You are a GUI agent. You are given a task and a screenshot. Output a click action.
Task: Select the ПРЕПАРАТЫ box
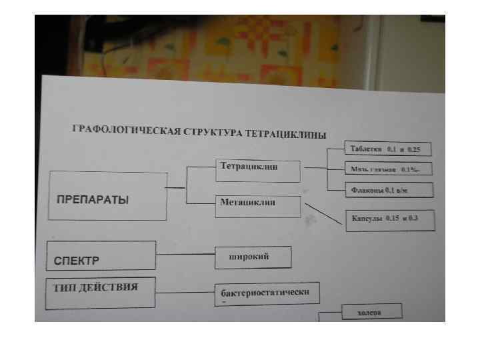click(107, 196)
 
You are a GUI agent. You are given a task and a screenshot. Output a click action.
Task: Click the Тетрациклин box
click(258, 169)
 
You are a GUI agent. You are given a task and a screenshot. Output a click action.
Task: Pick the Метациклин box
click(258, 205)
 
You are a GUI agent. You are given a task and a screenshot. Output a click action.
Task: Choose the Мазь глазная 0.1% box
click(388, 169)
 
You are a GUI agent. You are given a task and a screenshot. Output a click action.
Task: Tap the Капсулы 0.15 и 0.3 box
click(390, 219)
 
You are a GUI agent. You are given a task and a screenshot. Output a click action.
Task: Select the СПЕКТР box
click(101, 256)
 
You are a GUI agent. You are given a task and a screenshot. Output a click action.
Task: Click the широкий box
click(253, 257)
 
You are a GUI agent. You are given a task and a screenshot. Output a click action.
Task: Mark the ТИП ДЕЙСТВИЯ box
click(100, 293)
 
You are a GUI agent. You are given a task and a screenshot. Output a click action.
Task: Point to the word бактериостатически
click(265, 292)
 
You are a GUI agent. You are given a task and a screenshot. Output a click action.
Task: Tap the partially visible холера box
click(371, 311)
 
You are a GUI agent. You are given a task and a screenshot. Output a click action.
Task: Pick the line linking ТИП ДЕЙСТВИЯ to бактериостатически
click(185, 291)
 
